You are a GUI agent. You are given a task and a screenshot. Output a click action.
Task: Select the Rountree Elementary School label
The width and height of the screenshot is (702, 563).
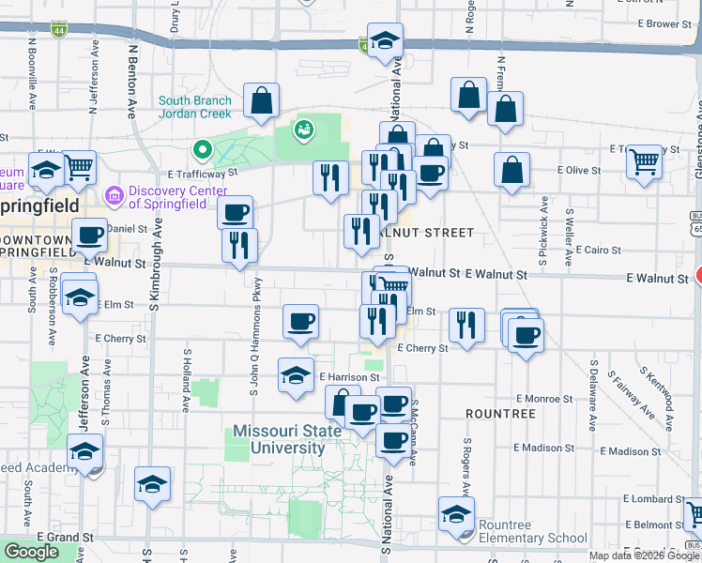coord(532,531)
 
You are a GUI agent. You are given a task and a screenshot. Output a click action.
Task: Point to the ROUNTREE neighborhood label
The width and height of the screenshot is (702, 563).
coord(500,413)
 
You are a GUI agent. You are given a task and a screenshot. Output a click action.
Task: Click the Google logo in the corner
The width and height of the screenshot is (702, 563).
coord(31,552)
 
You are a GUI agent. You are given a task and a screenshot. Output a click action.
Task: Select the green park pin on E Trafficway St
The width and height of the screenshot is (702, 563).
coord(201,149)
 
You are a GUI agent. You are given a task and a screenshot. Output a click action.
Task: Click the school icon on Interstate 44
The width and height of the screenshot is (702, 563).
coord(385,40)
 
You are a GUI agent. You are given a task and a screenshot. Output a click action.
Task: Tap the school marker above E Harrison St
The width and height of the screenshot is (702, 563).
coord(296,377)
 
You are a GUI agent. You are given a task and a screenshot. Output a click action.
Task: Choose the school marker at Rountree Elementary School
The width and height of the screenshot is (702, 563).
coord(456,515)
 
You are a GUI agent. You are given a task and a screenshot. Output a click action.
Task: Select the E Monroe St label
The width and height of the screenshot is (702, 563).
coord(537,399)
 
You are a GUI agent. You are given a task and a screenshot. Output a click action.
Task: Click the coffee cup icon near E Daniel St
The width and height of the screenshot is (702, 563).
coord(90,236)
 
